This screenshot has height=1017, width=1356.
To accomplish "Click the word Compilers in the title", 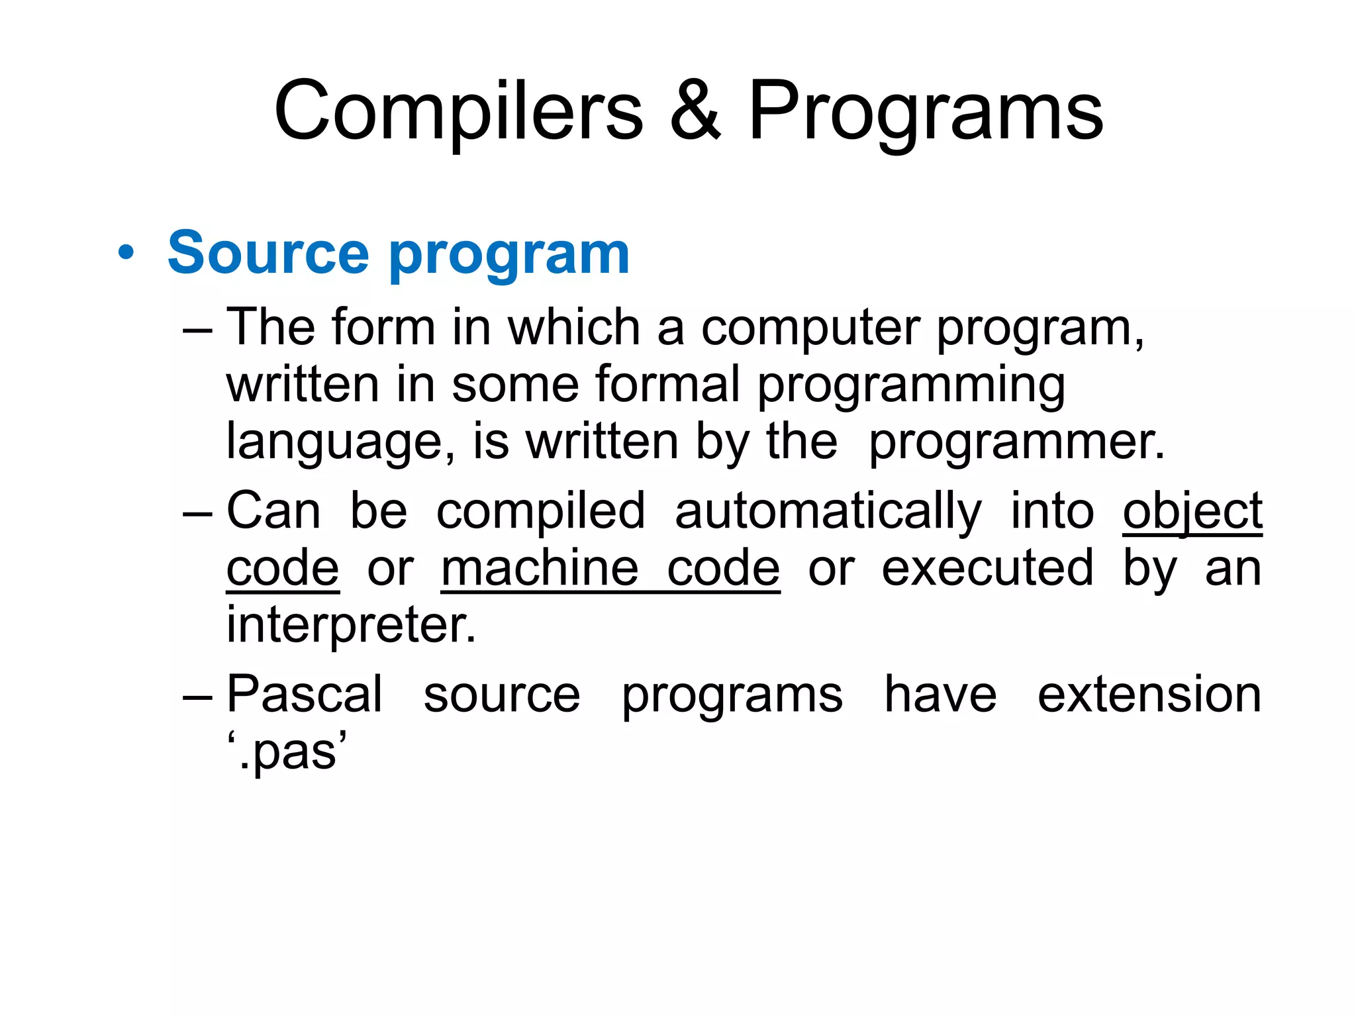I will click(x=458, y=111).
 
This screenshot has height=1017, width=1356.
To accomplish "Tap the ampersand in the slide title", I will click(x=695, y=111).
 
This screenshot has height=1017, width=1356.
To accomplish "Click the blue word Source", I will click(x=267, y=253).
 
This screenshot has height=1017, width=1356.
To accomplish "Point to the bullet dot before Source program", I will click(x=126, y=253).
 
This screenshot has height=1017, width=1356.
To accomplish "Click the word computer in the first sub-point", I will click(x=810, y=328).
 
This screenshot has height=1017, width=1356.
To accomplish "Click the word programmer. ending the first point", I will click(x=1016, y=442).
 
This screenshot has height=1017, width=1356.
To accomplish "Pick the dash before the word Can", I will click(x=197, y=513).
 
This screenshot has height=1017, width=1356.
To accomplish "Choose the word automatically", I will click(x=828, y=512).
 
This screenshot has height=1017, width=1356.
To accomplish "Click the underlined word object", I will click(x=1192, y=512).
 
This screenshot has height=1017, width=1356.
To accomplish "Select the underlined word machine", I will click(x=540, y=568).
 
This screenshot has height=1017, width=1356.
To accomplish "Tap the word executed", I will click(x=987, y=568).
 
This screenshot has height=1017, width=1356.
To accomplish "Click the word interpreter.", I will click(x=351, y=626).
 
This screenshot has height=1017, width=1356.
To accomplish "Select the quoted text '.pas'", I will click(x=287, y=751).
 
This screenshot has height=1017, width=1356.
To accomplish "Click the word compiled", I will click(x=540, y=512).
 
